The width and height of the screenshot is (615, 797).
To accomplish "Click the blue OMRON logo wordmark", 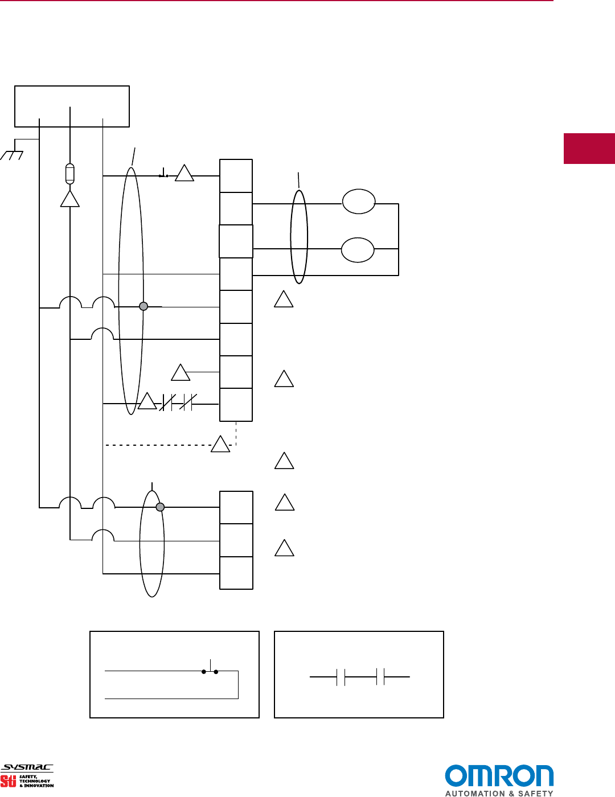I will [x=499, y=776].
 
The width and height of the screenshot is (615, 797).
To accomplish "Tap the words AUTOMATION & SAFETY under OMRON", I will [x=499, y=793].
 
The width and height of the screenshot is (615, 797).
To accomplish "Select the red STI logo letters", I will [x=9, y=781].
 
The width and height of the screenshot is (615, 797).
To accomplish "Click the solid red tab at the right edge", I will [x=589, y=149].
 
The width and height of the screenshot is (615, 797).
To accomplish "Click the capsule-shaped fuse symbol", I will [x=69, y=174].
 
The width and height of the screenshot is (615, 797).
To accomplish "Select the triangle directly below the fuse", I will [x=69, y=200].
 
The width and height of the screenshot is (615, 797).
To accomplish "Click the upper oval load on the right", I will [x=359, y=202].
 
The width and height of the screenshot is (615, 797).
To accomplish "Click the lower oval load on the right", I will [x=358, y=250].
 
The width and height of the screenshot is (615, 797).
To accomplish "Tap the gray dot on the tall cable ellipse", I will [x=143, y=306].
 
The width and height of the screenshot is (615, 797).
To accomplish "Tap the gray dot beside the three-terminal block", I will [x=160, y=507].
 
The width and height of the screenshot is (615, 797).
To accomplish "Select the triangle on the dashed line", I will [x=220, y=444].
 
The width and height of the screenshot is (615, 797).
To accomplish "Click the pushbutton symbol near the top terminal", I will [x=163, y=174].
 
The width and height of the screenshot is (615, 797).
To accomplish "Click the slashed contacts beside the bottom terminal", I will [x=178, y=402].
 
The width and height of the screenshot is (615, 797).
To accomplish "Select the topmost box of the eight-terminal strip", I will [x=236, y=176].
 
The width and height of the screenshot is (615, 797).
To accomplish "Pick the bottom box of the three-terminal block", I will [x=236, y=573].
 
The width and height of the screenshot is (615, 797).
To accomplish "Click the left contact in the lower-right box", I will [x=341, y=677].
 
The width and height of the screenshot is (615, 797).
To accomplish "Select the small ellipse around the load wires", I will [x=299, y=237].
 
